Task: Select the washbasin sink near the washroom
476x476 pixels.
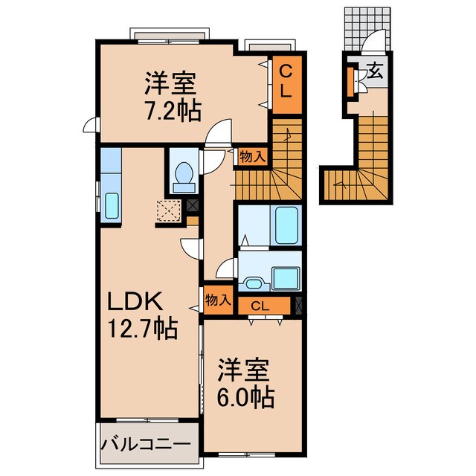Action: click(253, 282)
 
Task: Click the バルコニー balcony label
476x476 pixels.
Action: click(146, 445)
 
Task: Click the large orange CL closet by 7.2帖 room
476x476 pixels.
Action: click(286, 84)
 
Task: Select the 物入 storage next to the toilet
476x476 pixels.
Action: click(252, 156)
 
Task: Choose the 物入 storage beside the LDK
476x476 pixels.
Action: click(217, 300)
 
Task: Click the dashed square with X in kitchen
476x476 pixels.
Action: click(170, 213)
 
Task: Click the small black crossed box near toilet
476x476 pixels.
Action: click(193, 206)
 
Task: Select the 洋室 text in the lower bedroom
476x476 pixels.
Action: click(240, 370)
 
